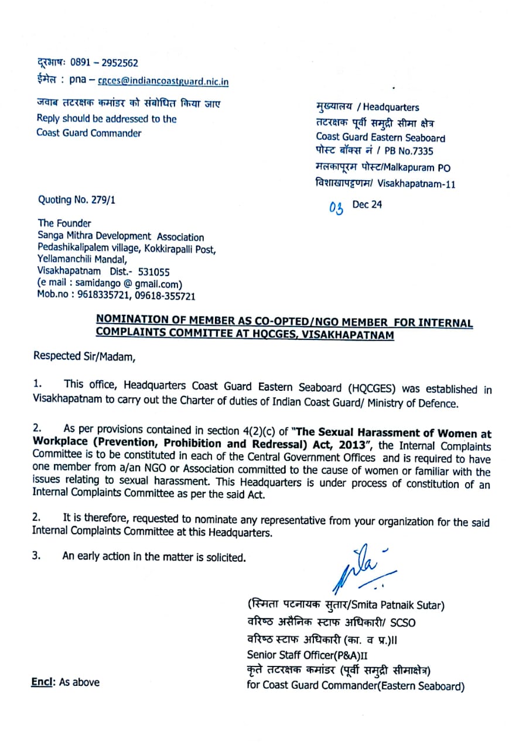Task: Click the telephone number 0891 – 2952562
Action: tap(104, 63)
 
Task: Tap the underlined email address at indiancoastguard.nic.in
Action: tap(163, 82)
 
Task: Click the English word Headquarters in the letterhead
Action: tap(391, 107)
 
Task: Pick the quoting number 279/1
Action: tap(101, 200)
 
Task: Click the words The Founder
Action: tap(64, 223)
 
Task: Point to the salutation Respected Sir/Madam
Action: tap(84, 356)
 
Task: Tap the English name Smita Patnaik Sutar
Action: tap(402, 604)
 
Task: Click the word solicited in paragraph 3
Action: tap(226, 557)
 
